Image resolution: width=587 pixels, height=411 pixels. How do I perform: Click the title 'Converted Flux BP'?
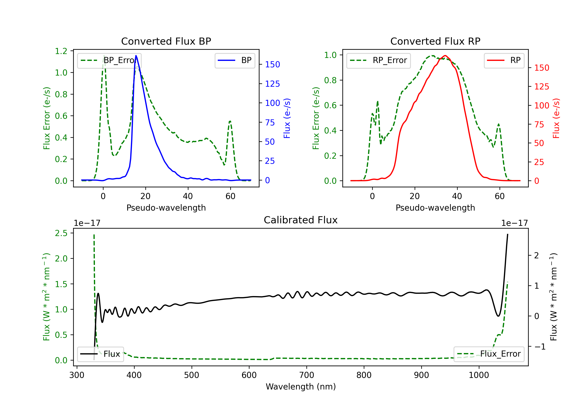[166, 41]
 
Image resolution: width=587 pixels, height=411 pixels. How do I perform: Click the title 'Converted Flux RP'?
[435, 41]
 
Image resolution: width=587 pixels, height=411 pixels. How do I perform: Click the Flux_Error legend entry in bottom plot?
[489, 354]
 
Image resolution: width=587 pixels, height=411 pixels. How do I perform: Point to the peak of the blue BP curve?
[136, 56]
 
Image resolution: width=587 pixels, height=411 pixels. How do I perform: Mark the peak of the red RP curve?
[445, 56]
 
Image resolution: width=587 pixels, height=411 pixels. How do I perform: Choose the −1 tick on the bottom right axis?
[540, 347]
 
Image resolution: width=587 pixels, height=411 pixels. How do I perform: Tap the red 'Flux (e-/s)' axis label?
[556, 118]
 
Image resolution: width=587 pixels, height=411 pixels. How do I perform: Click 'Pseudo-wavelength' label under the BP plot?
[166, 208]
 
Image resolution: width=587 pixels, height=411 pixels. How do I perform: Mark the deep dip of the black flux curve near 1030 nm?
[498, 316]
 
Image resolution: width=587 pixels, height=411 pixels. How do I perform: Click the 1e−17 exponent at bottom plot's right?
[514, 223]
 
